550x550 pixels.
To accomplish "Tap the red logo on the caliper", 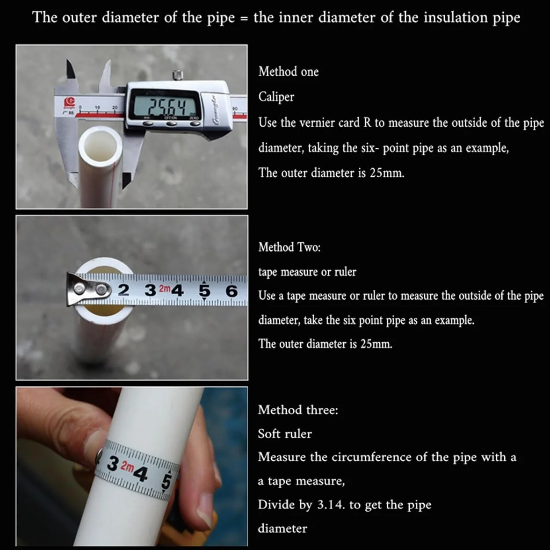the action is (69, 102).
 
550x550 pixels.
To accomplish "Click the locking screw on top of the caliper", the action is (178, 75).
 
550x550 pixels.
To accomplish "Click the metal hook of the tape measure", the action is (88, 289).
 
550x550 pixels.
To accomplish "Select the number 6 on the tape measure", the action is (232, 291).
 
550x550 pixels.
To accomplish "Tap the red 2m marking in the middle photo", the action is (165, 289).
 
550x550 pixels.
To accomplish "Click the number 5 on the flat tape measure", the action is (204, 291).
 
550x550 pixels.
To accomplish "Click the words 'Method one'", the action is (288, 72).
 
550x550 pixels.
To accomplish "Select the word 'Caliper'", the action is (276, 97).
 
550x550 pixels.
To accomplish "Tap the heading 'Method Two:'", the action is (289, 247).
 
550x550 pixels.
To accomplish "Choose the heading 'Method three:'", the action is (298, 410).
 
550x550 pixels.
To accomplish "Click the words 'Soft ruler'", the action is (284, 434).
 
